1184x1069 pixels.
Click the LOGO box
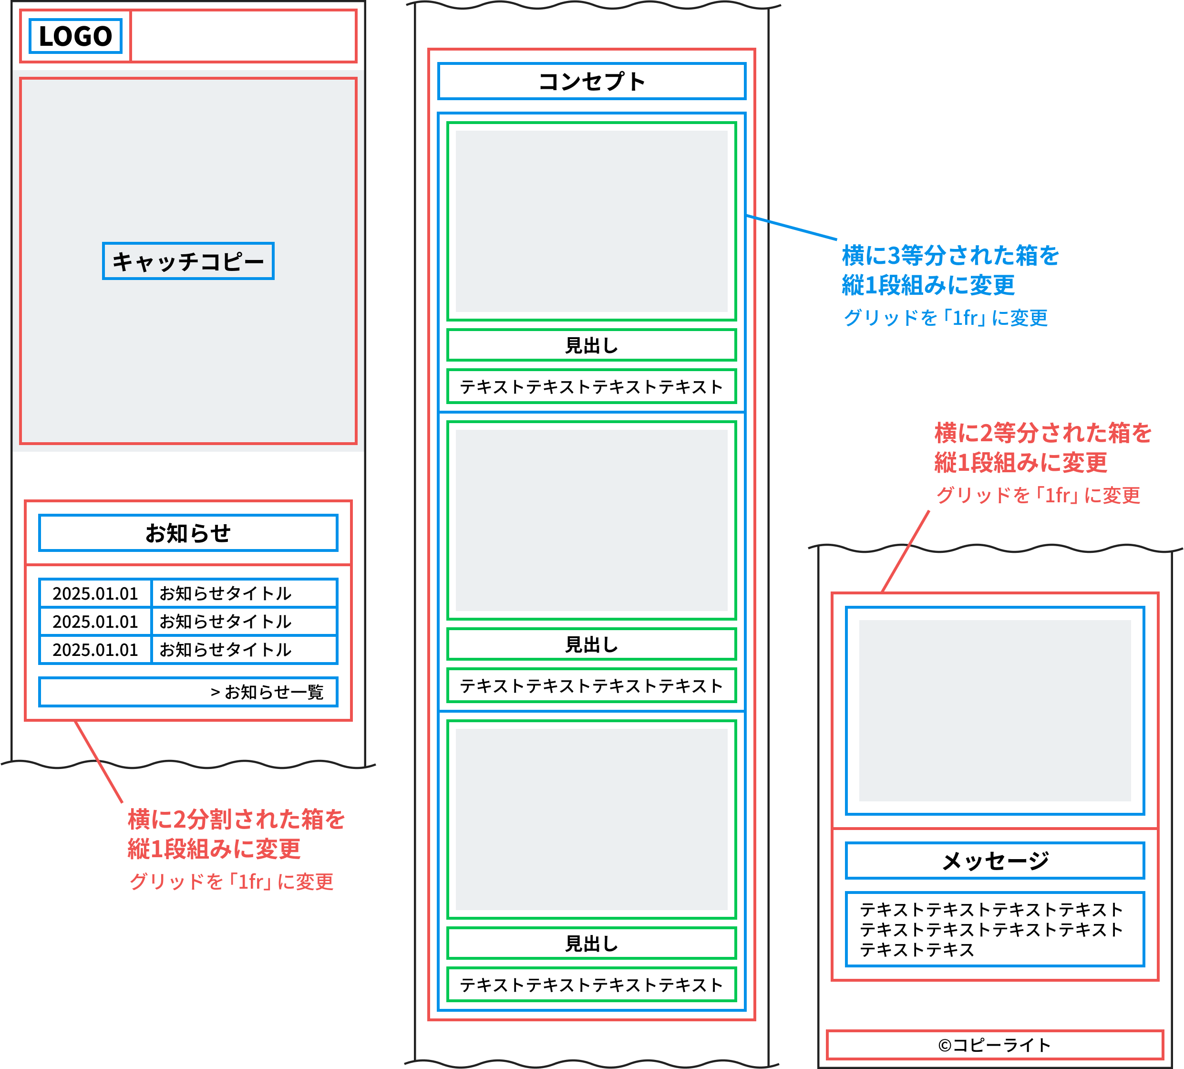[x=75, y=36]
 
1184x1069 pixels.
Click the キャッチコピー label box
[x=188, y=261]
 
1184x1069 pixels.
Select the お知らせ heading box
[x=188, y=533]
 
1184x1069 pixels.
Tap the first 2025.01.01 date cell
[x=95, y=593]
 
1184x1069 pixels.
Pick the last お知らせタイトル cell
[x=244, y=650]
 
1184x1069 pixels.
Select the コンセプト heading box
[x=591, y=82]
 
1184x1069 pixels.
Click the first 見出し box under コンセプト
[x=591, y=345]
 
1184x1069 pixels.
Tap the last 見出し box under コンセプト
[x=591, y=943]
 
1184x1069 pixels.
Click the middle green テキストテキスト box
[x=591, y=685]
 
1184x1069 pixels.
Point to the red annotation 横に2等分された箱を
[x=1042, y=433]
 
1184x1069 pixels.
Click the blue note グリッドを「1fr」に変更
[x=945, y=318]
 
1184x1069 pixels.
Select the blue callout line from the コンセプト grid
[x=791, y=228]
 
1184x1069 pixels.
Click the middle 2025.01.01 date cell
[x=95, y=622]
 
